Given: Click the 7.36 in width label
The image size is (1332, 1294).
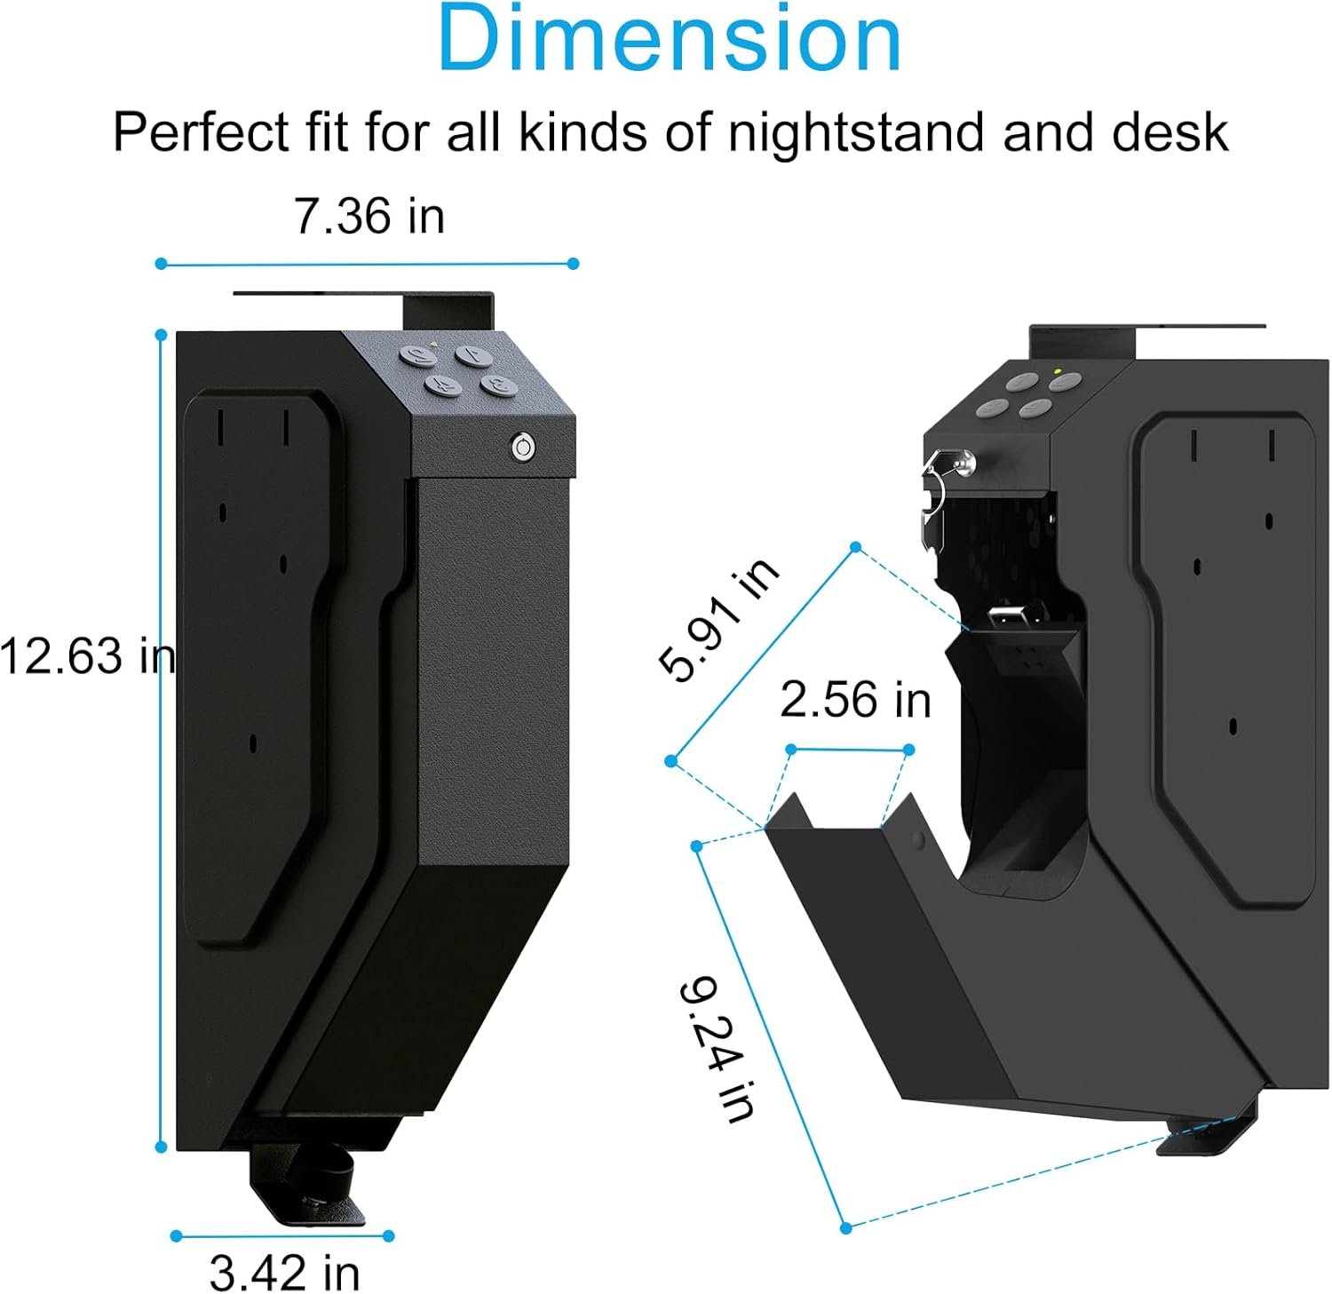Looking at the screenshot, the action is (x=369, y=216).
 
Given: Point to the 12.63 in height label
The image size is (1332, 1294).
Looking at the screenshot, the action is (x=87, y=656).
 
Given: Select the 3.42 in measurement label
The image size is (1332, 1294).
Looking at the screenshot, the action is (x=284, y=1272).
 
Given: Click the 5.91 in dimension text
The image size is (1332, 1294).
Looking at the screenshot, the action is (x=719, y=619).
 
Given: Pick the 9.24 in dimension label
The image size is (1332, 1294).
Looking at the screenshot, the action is (x=718, y=1049).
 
